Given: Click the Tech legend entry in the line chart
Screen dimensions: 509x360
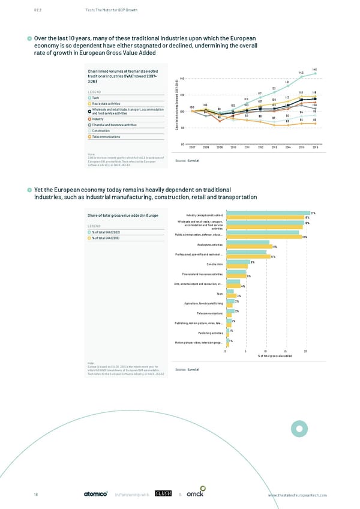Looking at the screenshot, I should click(x=97, y=98).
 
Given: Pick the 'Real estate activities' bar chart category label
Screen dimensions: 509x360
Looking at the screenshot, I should click(x=210, y=245).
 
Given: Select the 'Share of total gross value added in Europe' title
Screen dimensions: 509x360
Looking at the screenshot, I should click(x=123, y=216).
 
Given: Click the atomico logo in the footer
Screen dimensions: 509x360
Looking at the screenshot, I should click(x=95, y=494).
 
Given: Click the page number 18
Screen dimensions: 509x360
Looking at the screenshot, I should click(x=37, y=494).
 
